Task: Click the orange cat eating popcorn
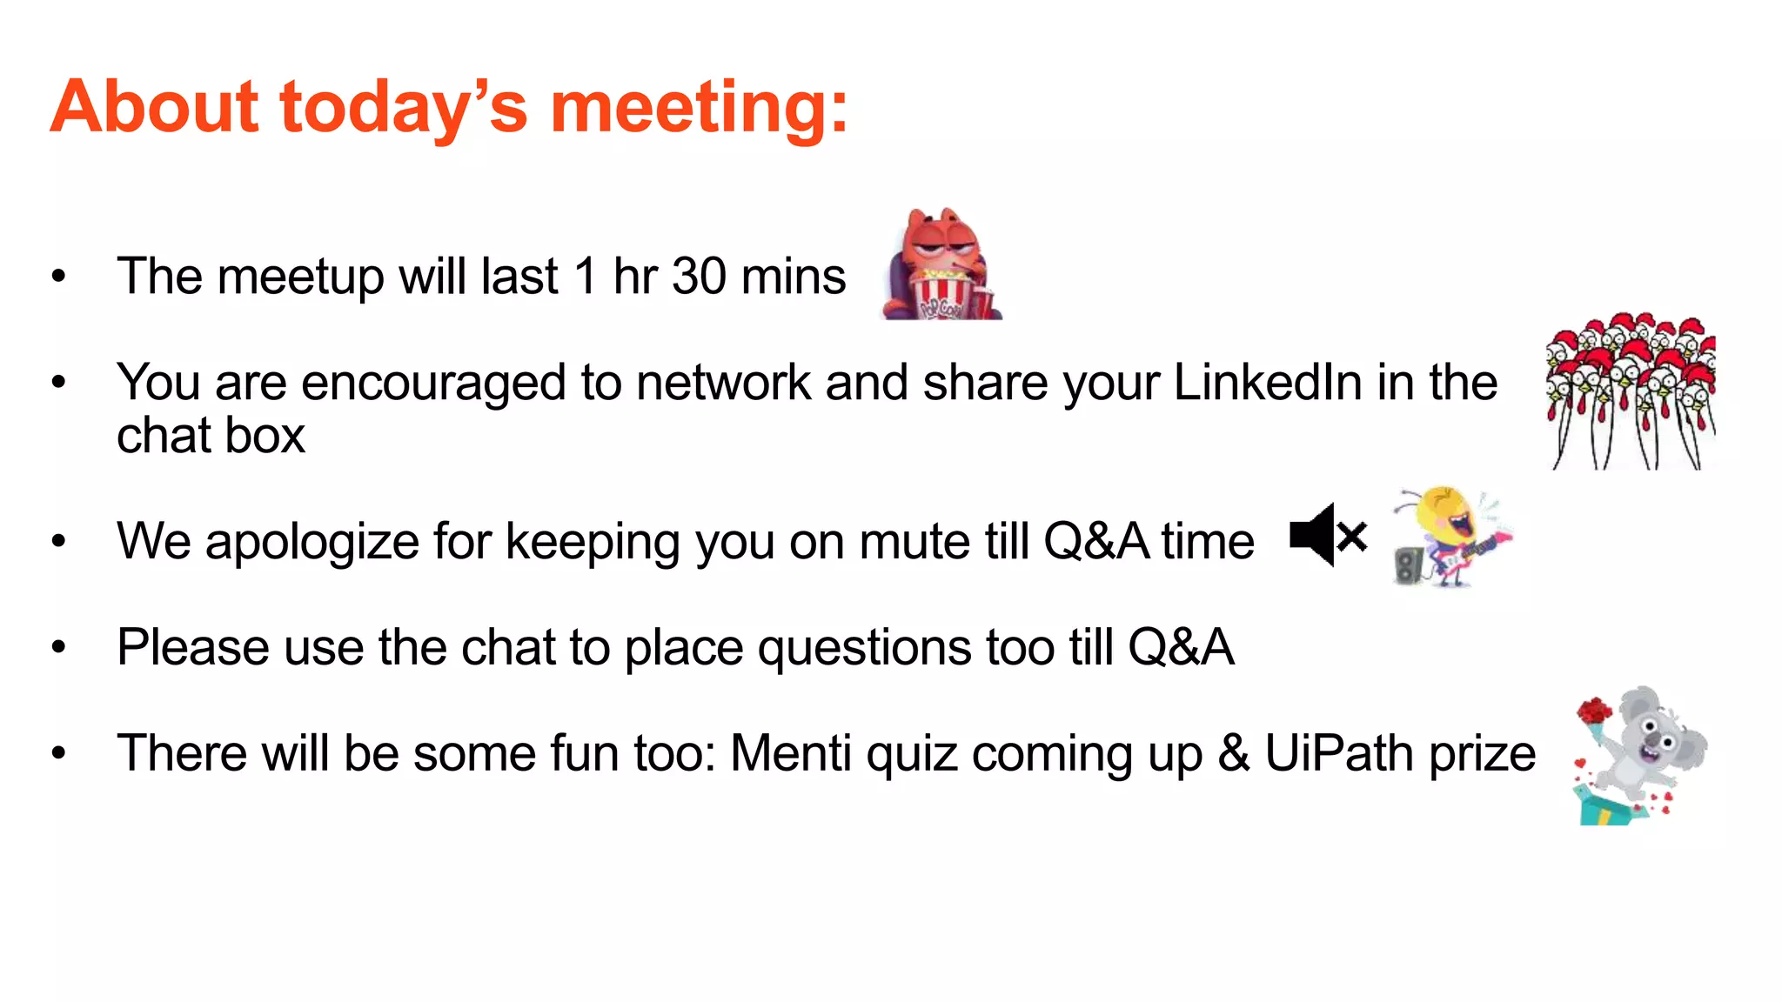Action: (940, 261)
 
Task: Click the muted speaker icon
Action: (1327, 535)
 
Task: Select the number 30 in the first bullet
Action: (699, 277)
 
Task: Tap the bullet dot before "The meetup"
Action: (58, 277)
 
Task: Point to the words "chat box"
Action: (211, 436)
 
